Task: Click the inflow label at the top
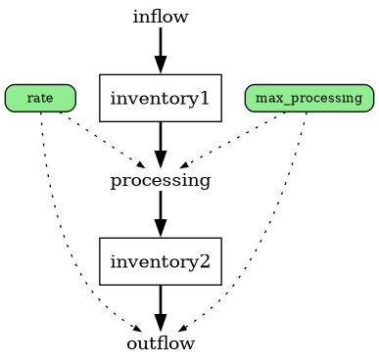(161, 17)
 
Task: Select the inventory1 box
(161, 98)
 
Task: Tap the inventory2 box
(161, 261)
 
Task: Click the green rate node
(40, 98)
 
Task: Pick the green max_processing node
(308, 98)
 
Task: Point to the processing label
(161, 180)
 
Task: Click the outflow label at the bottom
(161, 343)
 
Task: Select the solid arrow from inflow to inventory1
(161, 44)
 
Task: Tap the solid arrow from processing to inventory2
(161, 207)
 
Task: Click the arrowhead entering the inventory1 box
(161, 66)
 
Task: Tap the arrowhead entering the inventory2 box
(161, 229)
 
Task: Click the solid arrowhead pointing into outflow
(161, 323)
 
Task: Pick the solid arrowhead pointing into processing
(161, 160)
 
